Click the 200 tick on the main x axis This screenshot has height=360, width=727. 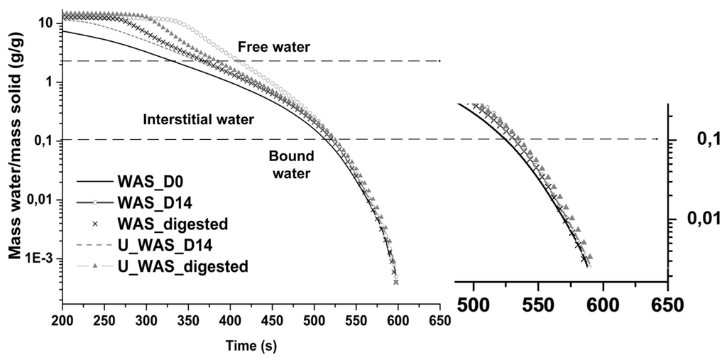pyautogui.click(x=63, y=320)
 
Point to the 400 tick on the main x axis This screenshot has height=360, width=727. pyautogui.click(x=231, y=320)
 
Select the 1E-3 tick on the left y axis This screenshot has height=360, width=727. pyautogui.click(x=39, y=259)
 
